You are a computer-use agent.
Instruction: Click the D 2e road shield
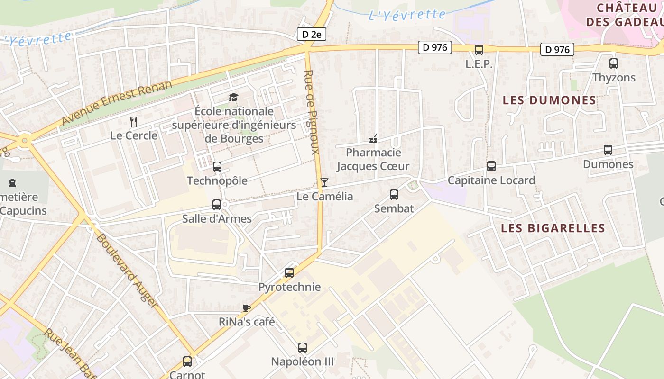coord(312,34)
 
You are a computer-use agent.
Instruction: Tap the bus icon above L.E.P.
coord(479,50)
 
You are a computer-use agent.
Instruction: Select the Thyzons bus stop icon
coord(614,63)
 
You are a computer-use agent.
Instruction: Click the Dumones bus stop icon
coord(608,150)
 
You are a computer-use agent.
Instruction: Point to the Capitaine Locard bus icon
coord(491,166)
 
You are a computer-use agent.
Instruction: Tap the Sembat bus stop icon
coord(394,194)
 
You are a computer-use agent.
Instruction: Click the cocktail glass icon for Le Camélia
coord(324,182)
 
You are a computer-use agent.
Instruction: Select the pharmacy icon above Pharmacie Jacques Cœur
coord(373,139)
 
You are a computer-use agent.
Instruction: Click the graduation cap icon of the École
coord(233,97)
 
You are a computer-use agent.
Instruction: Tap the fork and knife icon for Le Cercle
coord(134,122)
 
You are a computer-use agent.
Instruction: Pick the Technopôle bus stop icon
coord(217,167)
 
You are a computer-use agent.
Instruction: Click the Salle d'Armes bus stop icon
coord(217,205)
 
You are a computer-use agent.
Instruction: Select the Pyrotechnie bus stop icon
coord(289,273)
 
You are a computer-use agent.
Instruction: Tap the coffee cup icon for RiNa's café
coord(247,308)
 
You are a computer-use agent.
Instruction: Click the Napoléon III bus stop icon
coord(303,348)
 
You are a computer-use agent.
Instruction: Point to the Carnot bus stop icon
coord(187,361)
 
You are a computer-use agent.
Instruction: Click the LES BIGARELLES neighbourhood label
coord(553,228)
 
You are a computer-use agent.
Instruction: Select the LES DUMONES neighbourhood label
coord(549,100)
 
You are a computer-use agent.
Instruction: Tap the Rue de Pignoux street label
coord(311,112)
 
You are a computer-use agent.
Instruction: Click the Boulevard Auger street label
coord(127,270)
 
